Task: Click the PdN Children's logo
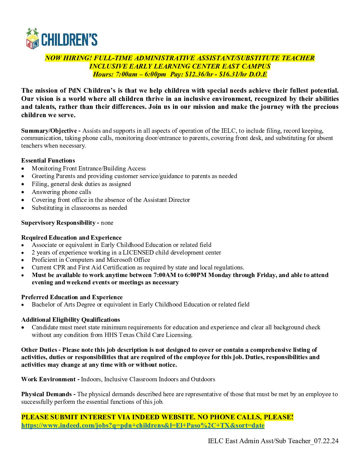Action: coord(62,39)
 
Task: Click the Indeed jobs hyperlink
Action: coord(143,425)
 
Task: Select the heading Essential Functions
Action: coord(48,161)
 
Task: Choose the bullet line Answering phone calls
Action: coord(61,192)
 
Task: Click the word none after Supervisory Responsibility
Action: coord(107,223)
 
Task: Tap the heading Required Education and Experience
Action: coord(71,238)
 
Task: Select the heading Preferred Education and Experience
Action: coord(72,297)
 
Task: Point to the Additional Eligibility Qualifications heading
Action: coord(70,320)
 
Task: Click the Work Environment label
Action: coord(48,379)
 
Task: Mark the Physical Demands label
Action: coord(46,394)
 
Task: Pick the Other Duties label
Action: coord(39,350)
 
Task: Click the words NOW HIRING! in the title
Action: coord(68,58)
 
